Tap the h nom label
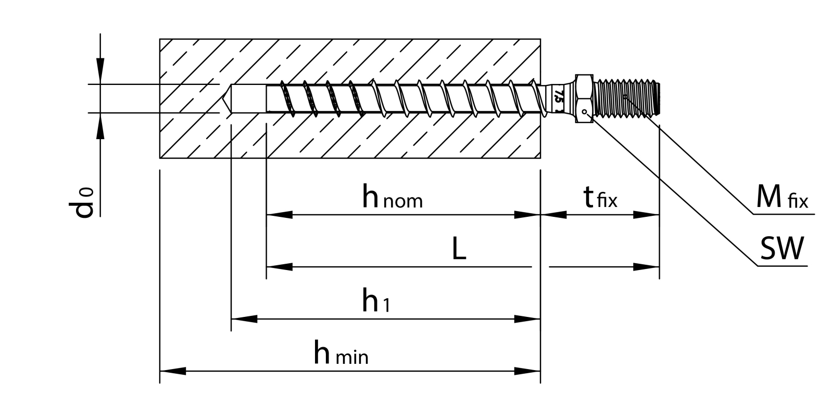tap(392, 198)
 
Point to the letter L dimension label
tap(458, 251)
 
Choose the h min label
tap(341, 354)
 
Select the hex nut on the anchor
tap(584, 99)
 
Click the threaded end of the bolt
tap(627, 98)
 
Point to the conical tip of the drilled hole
tap(226, 98)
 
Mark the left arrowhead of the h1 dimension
tap(244, 318)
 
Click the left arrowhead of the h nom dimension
tap(279, 214)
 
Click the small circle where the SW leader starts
tap(585, 111)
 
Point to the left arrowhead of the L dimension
tap(279, 267)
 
